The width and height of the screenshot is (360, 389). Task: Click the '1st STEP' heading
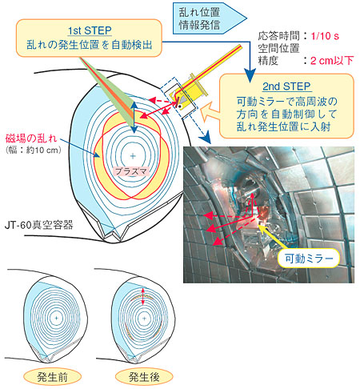[x=90, y=30]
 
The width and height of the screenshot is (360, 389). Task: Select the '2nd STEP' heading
[x=286, y=86]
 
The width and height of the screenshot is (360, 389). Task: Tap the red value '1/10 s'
[x=325, y=36]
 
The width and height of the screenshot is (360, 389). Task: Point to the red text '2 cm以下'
[x=332, y=61]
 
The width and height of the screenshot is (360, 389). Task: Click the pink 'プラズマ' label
[x=131, y=171]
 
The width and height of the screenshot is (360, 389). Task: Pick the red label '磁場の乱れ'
[x=31, y=138]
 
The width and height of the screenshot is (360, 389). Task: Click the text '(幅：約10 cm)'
[x=34, y=150]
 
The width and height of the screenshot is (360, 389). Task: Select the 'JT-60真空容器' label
[x=39, y=225]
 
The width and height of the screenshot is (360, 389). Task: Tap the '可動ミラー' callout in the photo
[x=309, y=259]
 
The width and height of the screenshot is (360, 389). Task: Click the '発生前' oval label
[x=52, y=377]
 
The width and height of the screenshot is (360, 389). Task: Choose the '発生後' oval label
[x=144, y=377]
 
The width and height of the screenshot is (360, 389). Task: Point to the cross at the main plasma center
[x=133, y=156]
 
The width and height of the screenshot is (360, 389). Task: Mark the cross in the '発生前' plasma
[x=56, y=318]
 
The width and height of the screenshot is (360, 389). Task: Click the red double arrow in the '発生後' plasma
[x=143, y=296]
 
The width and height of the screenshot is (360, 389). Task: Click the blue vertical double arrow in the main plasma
[x=134, y=117]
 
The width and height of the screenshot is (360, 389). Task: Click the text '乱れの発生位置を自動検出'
[x=90, y=45]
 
